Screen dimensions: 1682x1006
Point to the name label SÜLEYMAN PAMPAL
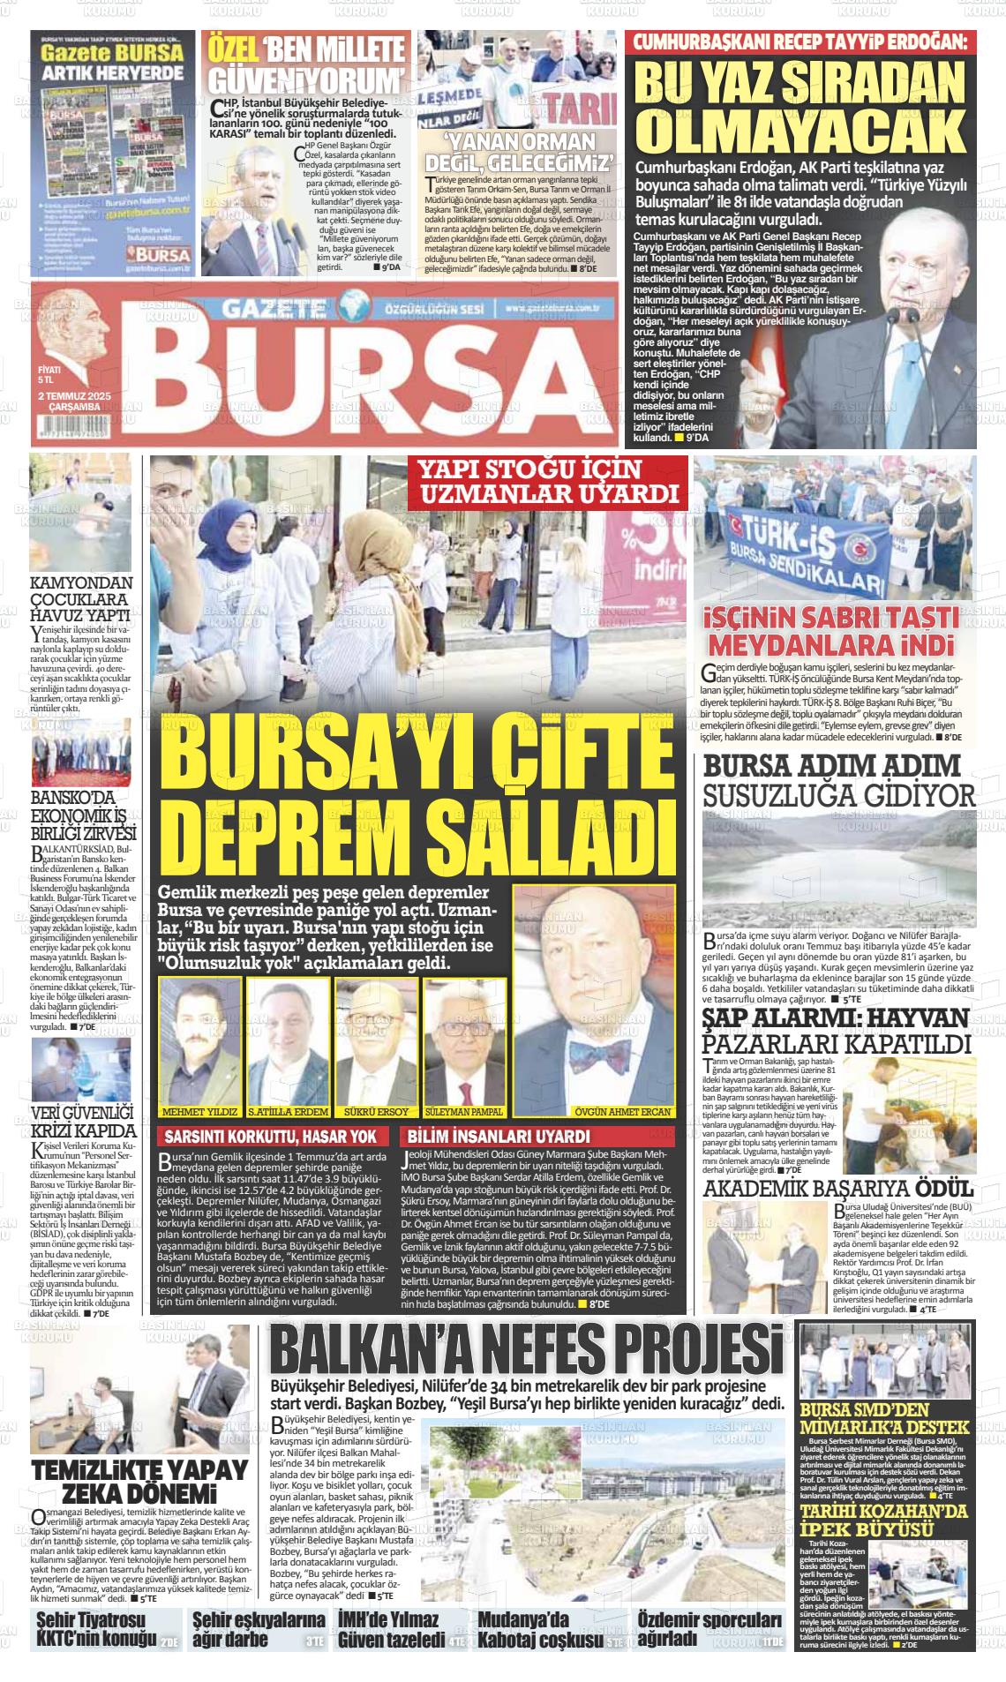(463, 1111)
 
